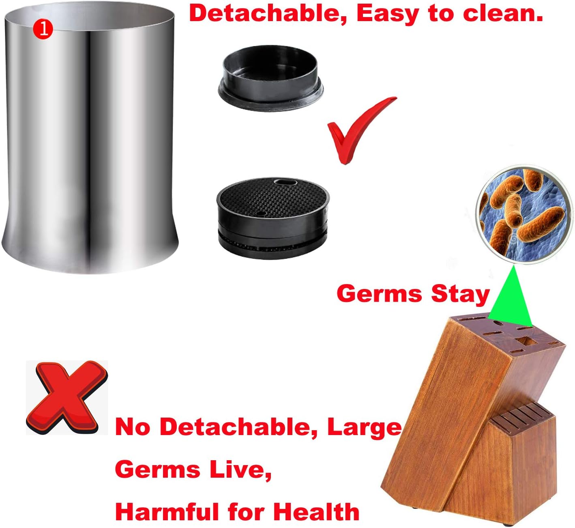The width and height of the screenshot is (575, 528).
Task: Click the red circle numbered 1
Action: point(43,29)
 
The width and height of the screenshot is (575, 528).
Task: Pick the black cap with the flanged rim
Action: point(270,77)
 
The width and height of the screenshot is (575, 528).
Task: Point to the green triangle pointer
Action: point(510,296)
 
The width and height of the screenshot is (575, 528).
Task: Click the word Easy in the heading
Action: point(387,14)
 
